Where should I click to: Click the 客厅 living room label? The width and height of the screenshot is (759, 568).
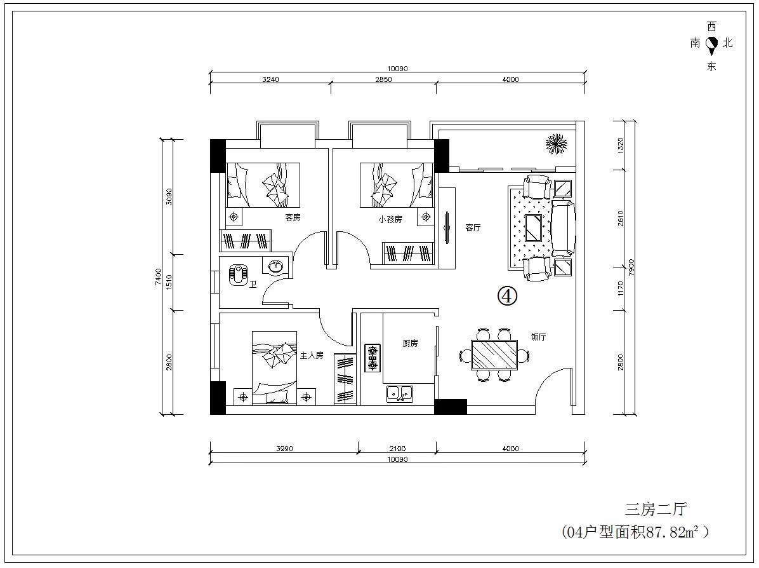[473, 227]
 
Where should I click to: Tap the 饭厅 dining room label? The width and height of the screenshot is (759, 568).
[538, 337]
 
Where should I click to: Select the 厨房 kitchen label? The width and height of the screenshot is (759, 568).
[410, 343]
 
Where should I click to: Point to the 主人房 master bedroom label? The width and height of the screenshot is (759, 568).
[311, 355]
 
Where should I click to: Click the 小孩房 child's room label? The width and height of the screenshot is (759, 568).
[390, 219]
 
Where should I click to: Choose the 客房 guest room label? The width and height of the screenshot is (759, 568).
[293, 217]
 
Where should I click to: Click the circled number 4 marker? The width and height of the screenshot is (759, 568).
[507, 295]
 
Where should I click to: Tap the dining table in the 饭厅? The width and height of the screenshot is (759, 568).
[494, 355]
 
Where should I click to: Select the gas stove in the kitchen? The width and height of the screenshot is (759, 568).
[373, 358]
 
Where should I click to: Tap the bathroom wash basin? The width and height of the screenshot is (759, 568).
[276, 266]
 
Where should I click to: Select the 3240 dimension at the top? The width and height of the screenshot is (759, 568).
[270, 79]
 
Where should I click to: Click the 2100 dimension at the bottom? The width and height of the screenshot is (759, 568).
[397, 449]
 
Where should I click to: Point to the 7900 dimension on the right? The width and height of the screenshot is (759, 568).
[631, 268]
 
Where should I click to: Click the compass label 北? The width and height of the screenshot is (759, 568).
[727, 43]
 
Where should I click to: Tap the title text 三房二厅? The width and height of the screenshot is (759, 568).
[656, 510]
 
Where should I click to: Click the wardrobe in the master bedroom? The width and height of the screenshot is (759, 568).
[346, 379]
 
